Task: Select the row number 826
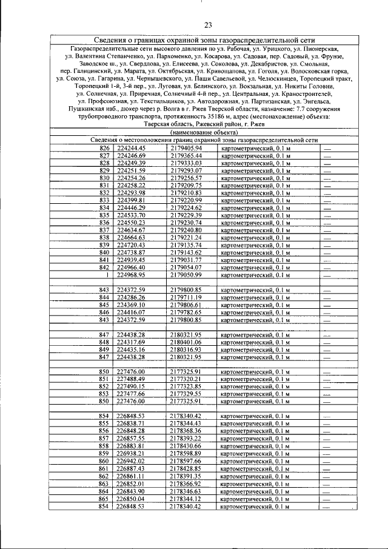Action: pyautogui.click(x=104, y=148)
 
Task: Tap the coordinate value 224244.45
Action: pyautogui.click(x=132, y=148)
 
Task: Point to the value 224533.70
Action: pyautogui.click(x=132, y=215)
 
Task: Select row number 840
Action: pyautogui.click(x=104, y=252)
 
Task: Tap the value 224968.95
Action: pyautogui.click(x=132, y=275)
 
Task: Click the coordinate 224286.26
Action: pyautogui.click(x=132, y=297)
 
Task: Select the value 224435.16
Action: pyautogui.click(x=132, y=349)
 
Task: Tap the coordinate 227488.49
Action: pyautogui.click(x=132, y=379)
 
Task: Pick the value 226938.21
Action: pyautogui.click(x=132, y=453)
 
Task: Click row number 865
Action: pyautogui.click(x=104, y=498)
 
